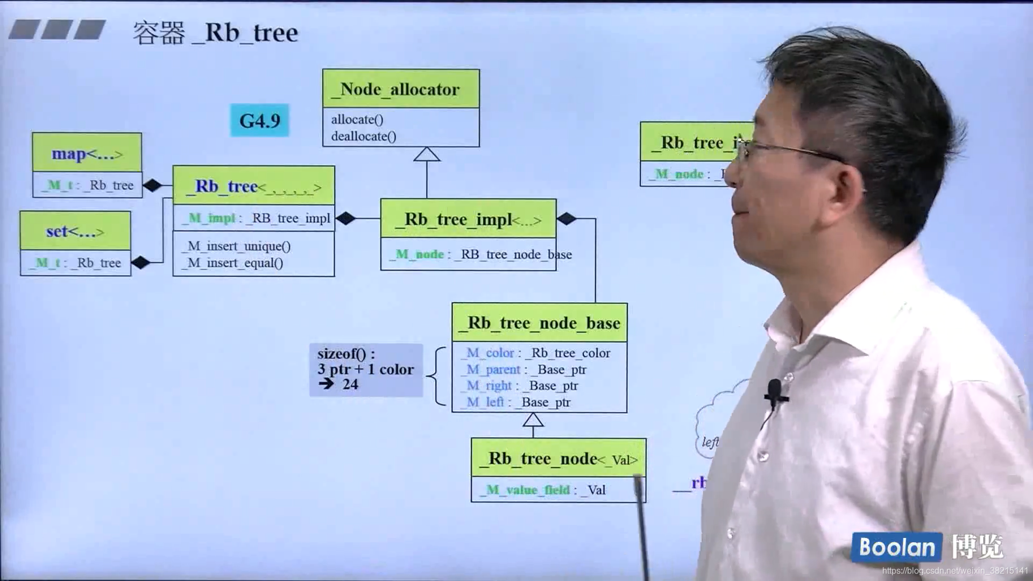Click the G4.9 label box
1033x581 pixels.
click(x=259, y=120)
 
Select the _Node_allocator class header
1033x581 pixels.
click(x=400, y=89)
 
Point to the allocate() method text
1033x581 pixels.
click(x=357, y=119)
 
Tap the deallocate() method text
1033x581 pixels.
click(x=364, y=136)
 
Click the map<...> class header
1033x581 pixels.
click(x=87, y=154)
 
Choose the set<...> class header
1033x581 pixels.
click(x=75, y=231)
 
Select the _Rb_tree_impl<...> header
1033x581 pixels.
click(x=468, y=219)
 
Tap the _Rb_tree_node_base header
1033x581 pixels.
click(x=539, y=323)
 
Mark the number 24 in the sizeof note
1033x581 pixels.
click(x=350, y=384)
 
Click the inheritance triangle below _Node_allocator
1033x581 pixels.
click(x=427, y=154)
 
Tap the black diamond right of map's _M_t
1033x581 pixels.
click(x=152, y=185)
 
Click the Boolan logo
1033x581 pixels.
click(x=896, y=547)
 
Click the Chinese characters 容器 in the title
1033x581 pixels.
click(x=159, y=33)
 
